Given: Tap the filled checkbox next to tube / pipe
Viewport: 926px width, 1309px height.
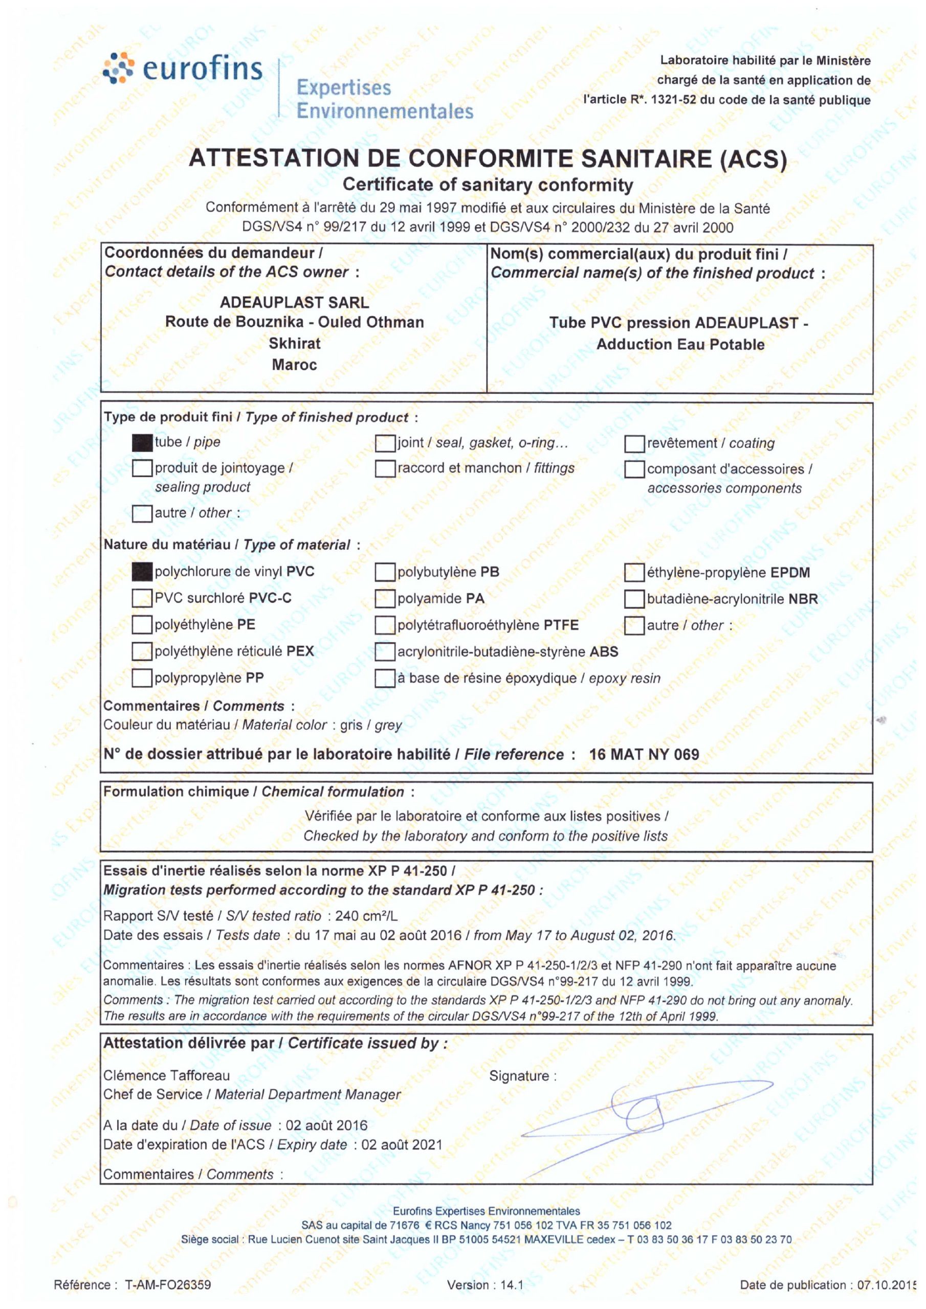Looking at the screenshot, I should click(x=142, y=443).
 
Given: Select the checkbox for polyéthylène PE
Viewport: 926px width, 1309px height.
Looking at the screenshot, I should click(x=142, y=625).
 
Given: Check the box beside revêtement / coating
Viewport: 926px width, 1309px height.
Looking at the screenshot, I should click(x=634, y=443).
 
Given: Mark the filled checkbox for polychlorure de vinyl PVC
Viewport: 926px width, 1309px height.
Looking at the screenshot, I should click(x=142, y=572).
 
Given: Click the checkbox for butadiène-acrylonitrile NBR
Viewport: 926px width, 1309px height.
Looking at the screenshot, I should click(x=634, y=599).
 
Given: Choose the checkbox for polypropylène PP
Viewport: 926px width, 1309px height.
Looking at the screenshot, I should click(x=142, y=679).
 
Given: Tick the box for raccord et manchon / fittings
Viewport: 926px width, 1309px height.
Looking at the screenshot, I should click(x=385, y=469).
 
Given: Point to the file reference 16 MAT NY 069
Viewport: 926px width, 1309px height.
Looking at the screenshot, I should click(x=644, y=755).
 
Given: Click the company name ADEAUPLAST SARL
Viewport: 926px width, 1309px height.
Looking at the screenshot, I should click(x=294, y=302).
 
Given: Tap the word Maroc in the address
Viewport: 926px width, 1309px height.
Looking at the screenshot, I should click(x=294, y=365).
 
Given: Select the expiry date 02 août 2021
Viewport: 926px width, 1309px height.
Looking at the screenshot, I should click(x=402, y=1144).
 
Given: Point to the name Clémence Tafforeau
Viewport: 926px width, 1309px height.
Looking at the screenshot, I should click(x=167, y=1075).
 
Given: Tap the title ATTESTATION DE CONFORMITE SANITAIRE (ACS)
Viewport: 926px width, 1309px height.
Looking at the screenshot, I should click(x=488, y=159).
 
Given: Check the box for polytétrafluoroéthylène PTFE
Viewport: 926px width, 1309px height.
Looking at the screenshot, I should click(x=385, y=625).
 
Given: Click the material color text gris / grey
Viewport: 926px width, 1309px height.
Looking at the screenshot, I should click(x=371, y=725).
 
